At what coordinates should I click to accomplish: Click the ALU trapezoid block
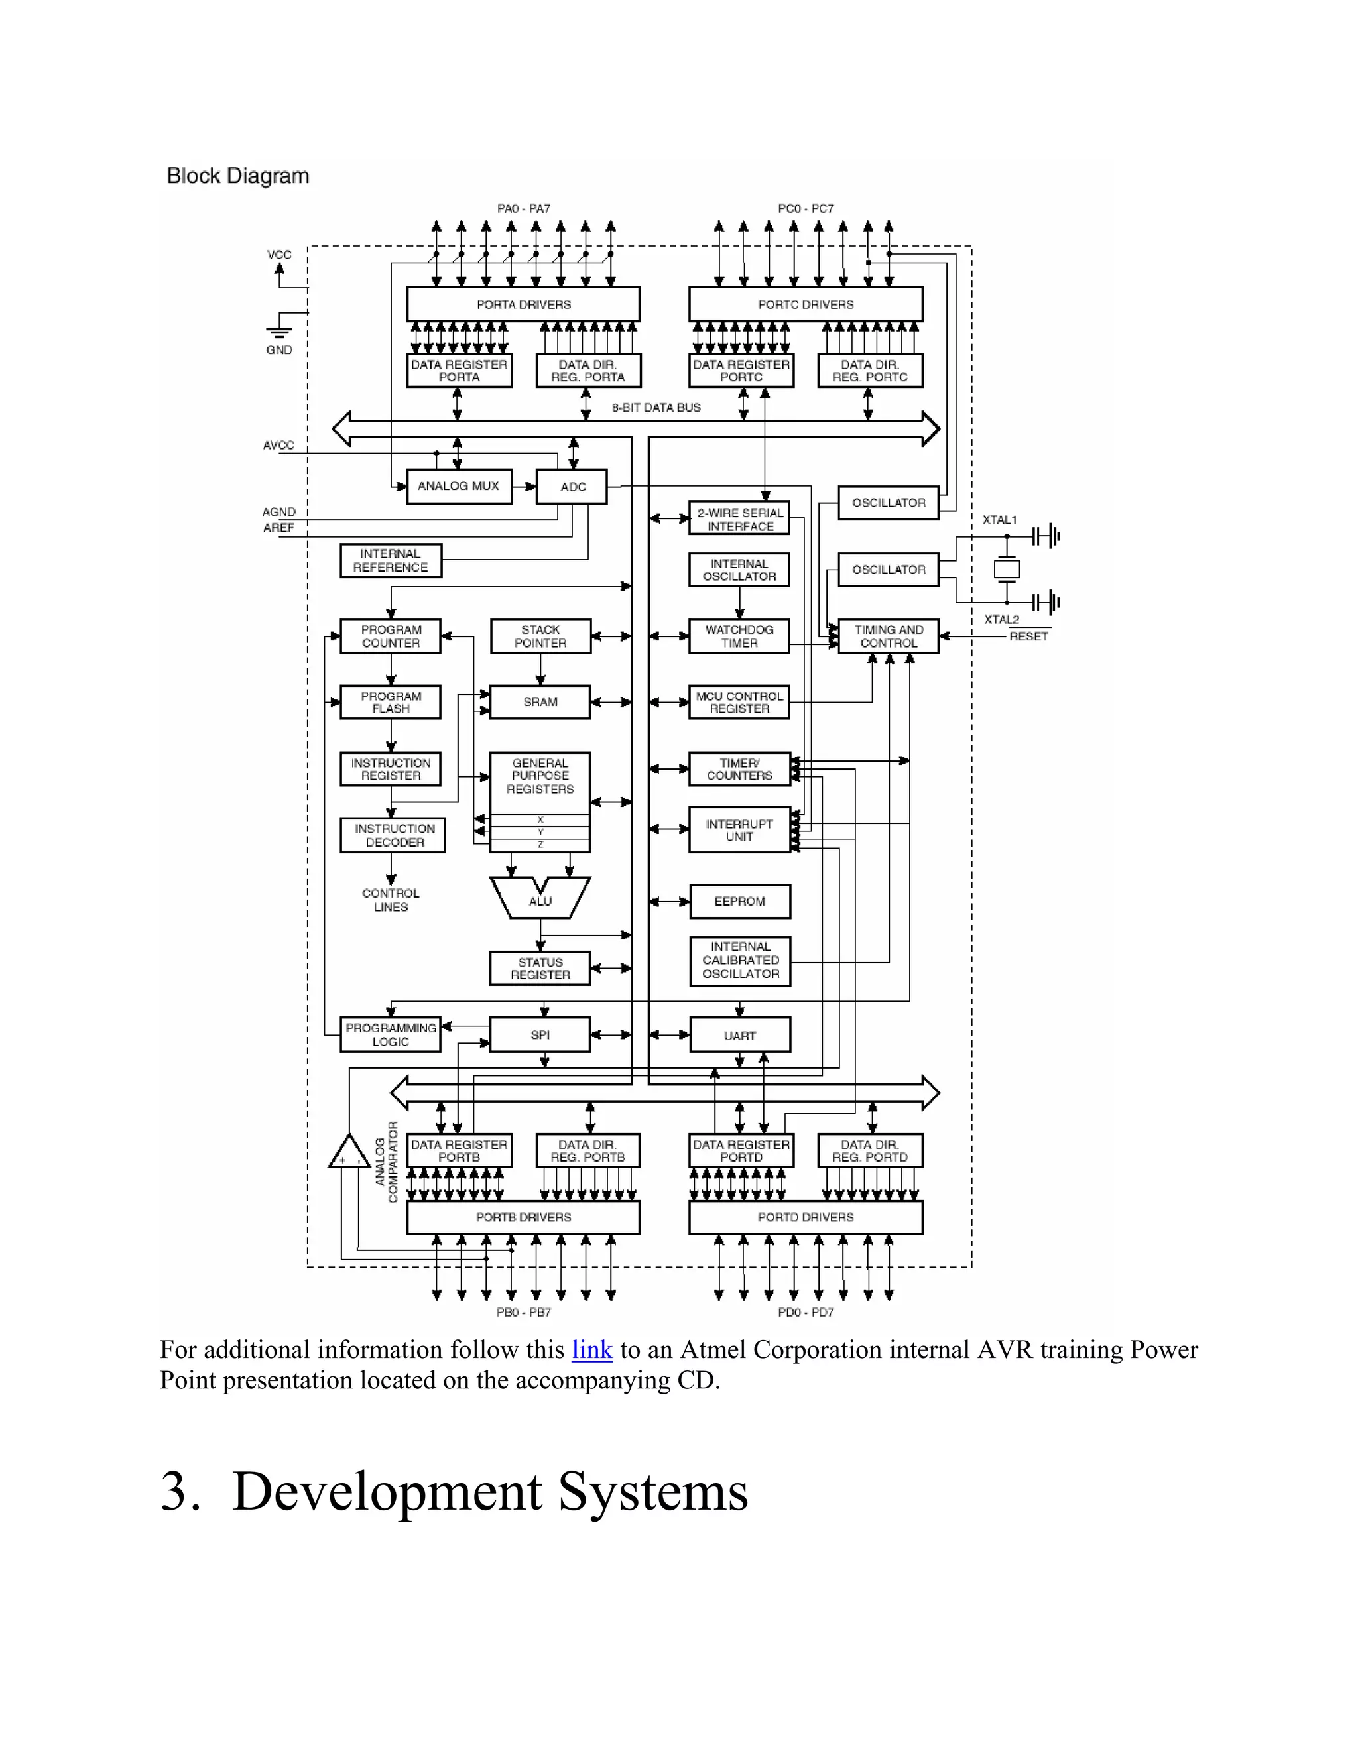(540, 900)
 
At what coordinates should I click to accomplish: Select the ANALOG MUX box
(459, 486)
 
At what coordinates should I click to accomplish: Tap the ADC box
(572, 487)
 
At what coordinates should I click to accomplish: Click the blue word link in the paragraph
(591, 1349)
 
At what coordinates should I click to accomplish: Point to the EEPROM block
(739, 901)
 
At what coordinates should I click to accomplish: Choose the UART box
(739, 1036)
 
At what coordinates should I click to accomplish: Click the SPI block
(540, 1034)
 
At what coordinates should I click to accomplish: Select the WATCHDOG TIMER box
(739, 636)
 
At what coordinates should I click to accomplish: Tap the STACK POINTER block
(540, 636)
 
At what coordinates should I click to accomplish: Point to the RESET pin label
(1028, 636)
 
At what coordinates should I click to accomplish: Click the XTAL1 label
(999, 520)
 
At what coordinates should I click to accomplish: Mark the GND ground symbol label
(279, 350)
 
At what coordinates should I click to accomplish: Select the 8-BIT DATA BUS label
(656, 408)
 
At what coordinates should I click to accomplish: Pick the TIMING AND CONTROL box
(888, 636)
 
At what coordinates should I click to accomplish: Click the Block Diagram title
(237, 176)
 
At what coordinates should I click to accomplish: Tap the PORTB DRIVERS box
(523, 1217)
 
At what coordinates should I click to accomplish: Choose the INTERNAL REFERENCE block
(390, 561)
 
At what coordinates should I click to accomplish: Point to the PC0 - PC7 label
(805, 208)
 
